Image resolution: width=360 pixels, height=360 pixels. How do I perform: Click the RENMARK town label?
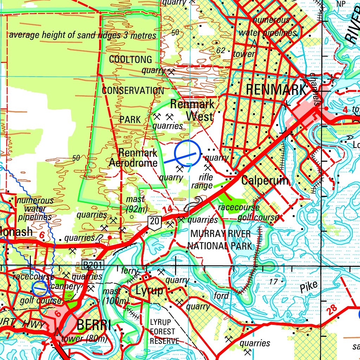tap(276, 90)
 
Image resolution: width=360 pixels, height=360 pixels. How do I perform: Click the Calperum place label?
tap(265, 181)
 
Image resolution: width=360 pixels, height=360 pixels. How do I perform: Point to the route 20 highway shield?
tap(154, 221)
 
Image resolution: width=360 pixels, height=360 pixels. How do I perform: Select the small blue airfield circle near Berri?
tap(39, 289)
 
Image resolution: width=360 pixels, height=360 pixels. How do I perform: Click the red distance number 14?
tap(167, 209)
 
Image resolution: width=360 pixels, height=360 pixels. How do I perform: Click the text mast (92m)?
tap(136, 204)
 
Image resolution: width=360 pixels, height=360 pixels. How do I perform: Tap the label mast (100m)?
tap(115, 296)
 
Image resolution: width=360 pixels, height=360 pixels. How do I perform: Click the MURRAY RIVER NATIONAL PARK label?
tap(220, 240)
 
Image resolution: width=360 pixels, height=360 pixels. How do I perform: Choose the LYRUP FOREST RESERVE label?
tap(163, 332)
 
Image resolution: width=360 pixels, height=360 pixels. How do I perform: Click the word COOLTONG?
tap(130, 59)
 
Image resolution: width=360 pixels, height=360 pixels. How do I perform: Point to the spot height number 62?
tap(220, 51)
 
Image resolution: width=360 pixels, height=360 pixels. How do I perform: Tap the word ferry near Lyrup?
tap(128, 271)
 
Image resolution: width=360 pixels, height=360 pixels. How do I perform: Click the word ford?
tap(221, 296)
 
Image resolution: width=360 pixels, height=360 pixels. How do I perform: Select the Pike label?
tap(308, 287)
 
